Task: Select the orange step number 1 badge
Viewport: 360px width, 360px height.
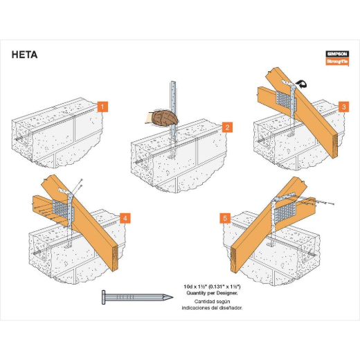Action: (x=102, y=107)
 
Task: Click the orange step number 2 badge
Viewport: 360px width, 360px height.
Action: (x=226, y=127)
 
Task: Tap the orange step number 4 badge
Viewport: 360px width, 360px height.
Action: (x=125, y=218)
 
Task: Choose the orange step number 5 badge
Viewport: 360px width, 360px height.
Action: (x=224, y=218)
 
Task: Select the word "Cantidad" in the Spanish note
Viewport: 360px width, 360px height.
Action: (x=205, y=300)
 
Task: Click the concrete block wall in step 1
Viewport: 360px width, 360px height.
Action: (x=55, y=138)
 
